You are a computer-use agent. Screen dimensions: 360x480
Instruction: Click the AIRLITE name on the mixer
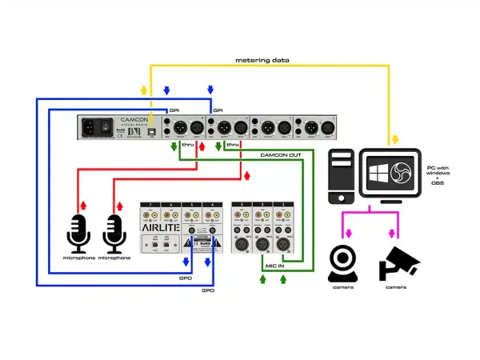point(158,227)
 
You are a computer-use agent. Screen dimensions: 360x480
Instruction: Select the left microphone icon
point(80,232)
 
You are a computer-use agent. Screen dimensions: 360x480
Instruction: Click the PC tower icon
point(341,175)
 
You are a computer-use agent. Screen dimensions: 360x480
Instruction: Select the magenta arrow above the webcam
point(345,233)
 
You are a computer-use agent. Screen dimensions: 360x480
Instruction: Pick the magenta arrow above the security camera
point(393,233)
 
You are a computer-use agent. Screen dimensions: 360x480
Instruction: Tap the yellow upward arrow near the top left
point(144,90)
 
